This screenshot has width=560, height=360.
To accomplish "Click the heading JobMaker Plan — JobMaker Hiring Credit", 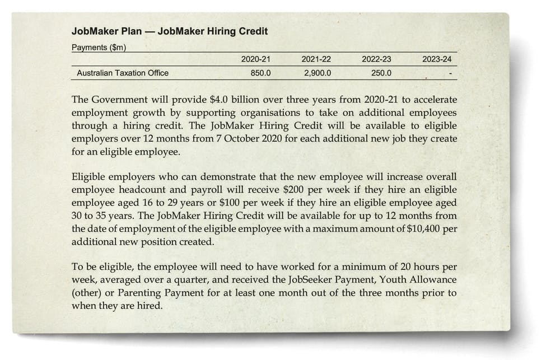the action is (170, 31).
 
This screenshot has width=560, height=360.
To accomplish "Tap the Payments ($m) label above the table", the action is (99, 48).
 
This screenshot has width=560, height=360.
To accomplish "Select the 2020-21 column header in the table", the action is (255, 59).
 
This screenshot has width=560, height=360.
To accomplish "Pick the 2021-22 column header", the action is (316, 59).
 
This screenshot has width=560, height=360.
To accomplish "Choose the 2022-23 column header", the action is (376, 59).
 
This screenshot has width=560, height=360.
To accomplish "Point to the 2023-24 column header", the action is (437, 59).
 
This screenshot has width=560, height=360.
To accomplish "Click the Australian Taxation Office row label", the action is (123, 73).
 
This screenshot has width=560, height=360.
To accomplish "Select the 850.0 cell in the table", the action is (261, 73).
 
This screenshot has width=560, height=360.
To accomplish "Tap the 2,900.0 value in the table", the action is (318, 73).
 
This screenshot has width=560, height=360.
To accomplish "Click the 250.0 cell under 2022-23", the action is (381, 73).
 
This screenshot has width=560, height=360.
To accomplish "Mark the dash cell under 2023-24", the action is (450, 73).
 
